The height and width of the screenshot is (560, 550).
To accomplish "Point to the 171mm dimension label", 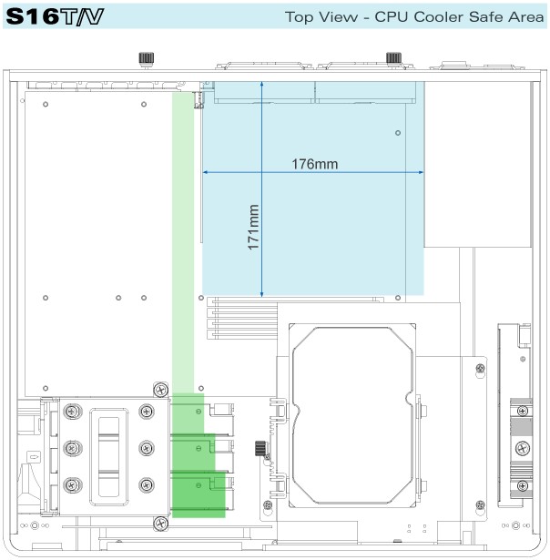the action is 254,228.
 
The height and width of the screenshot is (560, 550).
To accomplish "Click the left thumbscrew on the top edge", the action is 144,59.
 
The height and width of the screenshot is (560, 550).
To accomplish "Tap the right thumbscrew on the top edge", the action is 394,58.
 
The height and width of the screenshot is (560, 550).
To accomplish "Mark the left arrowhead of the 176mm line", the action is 207,172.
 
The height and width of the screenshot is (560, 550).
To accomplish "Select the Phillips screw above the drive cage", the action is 160,390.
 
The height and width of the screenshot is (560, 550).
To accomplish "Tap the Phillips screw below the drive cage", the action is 160,523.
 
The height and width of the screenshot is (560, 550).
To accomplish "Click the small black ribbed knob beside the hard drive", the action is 260,449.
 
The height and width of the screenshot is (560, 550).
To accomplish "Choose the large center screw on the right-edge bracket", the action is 523,447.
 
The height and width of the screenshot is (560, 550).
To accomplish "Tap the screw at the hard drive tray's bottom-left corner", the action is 267,505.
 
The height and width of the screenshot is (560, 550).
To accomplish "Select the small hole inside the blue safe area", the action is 398,133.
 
